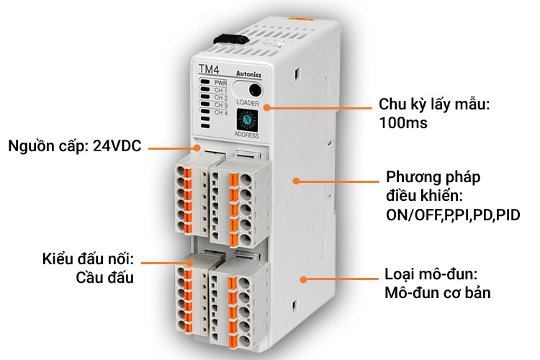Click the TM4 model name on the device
tap(209, 69)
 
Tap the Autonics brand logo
tap(248, 74)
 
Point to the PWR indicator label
tap(221, 83)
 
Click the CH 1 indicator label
tap(221, 90)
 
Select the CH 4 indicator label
tap(221, 112)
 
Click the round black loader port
tap(255, 91)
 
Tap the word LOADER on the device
tap(248, 103)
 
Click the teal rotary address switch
tap(246, 120)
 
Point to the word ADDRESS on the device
tap(246, 135)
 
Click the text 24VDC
tap(117, 146)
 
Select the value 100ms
tap(403, 123)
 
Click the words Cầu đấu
tap(104, 278)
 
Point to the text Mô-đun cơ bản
tap(437, 293)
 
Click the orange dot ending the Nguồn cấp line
tap(197, 148)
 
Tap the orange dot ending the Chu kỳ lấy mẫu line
tap(266, 107)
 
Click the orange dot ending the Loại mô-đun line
tap(303, 279)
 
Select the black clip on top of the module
tap(231, 40)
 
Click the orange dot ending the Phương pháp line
tap(296, 181)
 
